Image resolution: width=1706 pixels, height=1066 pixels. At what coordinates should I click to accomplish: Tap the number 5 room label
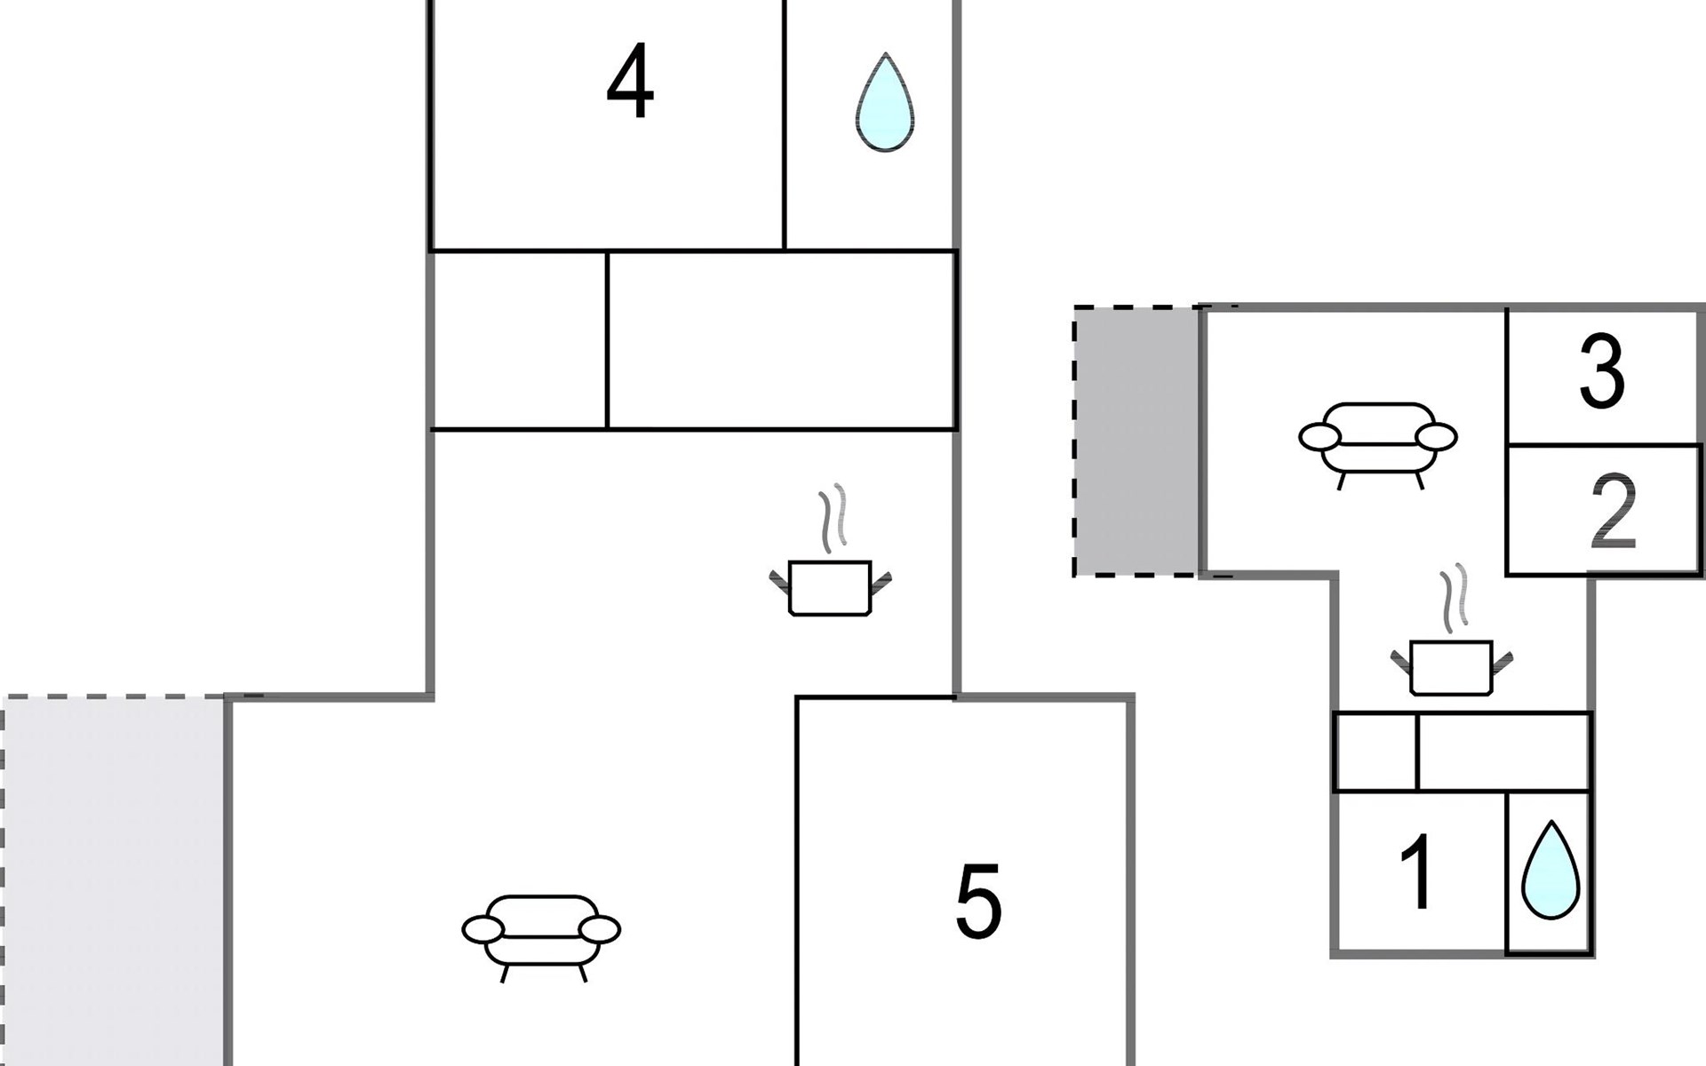pos(978,902)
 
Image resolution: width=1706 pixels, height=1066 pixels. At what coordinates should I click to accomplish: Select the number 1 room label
pos(1417,872)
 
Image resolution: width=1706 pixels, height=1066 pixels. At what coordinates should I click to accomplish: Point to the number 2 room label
pos(1613,511)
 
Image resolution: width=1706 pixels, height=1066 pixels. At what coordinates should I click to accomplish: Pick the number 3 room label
pos(1602,373)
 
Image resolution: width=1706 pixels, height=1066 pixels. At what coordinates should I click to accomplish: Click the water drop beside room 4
pos(884,103)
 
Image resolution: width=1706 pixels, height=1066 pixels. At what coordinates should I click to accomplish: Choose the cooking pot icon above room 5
pos(830,587)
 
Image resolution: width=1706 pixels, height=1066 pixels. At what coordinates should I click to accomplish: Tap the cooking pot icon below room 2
pos(1451,666)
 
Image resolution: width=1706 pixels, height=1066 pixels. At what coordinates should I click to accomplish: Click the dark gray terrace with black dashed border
pos(1136,442)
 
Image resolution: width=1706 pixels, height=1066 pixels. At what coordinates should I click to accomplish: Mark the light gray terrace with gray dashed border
pos(112,879)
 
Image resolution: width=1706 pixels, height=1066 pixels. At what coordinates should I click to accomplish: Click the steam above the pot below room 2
pos(1454,596)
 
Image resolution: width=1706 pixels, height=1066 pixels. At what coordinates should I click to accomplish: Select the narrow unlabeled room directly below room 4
pos(518,340)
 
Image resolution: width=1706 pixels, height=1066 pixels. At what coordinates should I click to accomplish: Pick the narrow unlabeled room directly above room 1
pos(1375,752)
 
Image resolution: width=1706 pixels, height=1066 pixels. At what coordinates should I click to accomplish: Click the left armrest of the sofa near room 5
pos(482,930)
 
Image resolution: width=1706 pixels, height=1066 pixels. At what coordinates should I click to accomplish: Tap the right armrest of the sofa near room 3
pos(1436,437)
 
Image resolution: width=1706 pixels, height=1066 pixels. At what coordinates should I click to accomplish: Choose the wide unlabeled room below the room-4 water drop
pos(782,340)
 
